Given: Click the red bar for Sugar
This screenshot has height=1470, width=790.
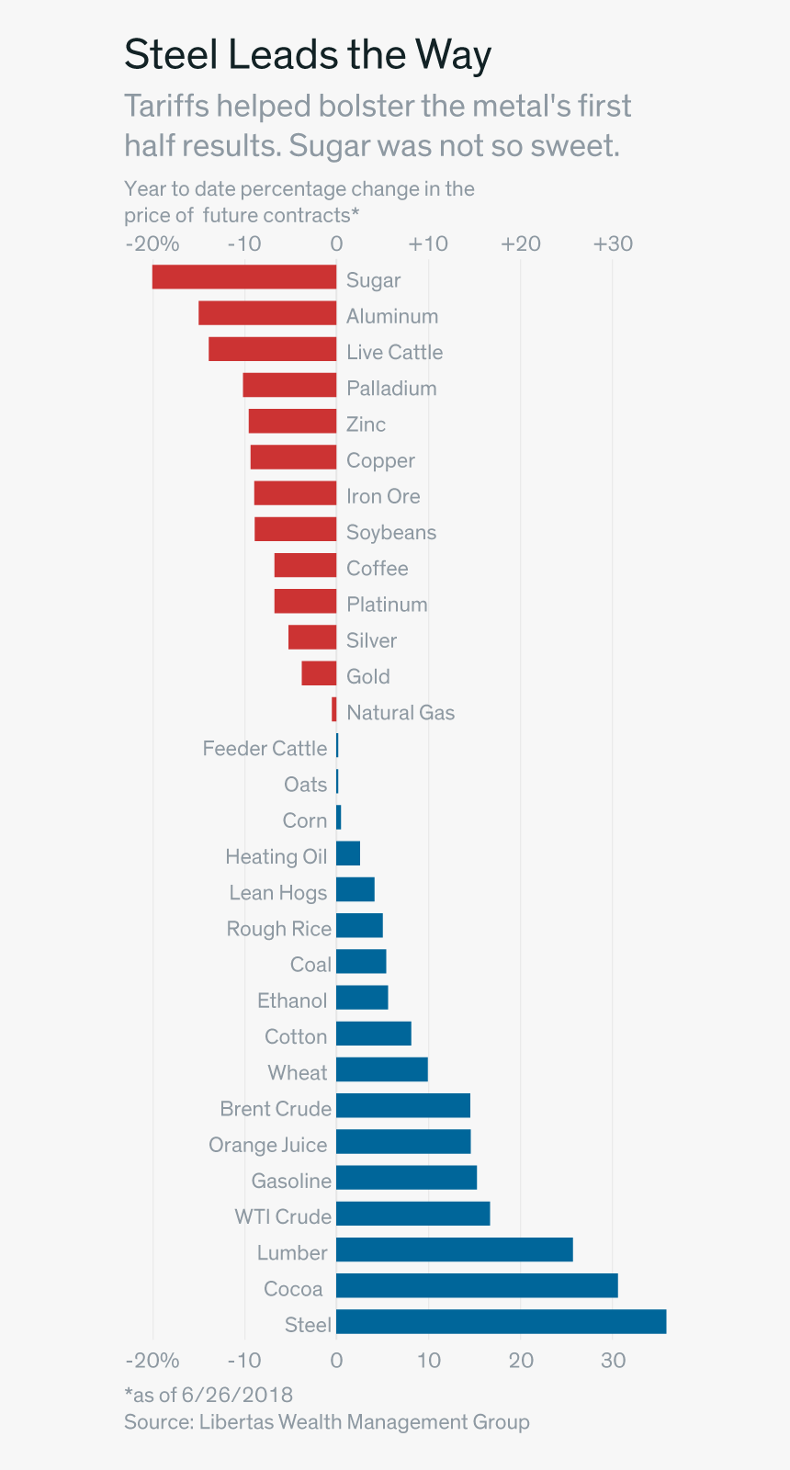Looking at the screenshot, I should (x=244, y=277).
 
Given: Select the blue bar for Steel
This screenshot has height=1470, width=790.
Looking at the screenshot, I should (x=501, y=1322).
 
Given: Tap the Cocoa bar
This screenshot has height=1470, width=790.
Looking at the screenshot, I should (x=477, y=1286).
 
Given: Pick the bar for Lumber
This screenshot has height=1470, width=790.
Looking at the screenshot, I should (x=454, y=1250).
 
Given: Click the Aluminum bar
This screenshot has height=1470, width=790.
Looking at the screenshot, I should (x=267, y=313).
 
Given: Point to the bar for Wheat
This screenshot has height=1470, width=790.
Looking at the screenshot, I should (x=381, y=1069).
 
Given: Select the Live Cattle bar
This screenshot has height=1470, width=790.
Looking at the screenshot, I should (x=272, y=350).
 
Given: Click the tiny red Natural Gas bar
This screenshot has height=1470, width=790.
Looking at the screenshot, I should (x=334, y=710).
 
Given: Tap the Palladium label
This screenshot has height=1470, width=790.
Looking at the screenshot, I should (x=391, y=389).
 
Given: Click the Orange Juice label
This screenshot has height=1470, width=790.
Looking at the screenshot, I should (x=267, y=1145).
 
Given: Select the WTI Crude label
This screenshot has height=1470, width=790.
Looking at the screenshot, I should (x=282, y=1217).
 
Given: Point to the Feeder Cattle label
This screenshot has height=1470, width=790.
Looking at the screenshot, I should (x=265, y=749).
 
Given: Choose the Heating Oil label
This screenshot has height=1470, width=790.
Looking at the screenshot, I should (x=276, y=857).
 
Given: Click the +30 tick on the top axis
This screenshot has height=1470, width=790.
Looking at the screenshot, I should (x=613, y=243).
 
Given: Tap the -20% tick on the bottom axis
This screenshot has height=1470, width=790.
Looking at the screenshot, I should (x=152, y=1361).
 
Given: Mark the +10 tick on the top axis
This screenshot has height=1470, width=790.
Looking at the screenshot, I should (x=428, y=243).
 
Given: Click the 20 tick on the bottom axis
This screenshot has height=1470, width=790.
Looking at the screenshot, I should (x=521, y=1361).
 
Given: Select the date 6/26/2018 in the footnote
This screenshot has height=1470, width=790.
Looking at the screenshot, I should (x=237, y=1396).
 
